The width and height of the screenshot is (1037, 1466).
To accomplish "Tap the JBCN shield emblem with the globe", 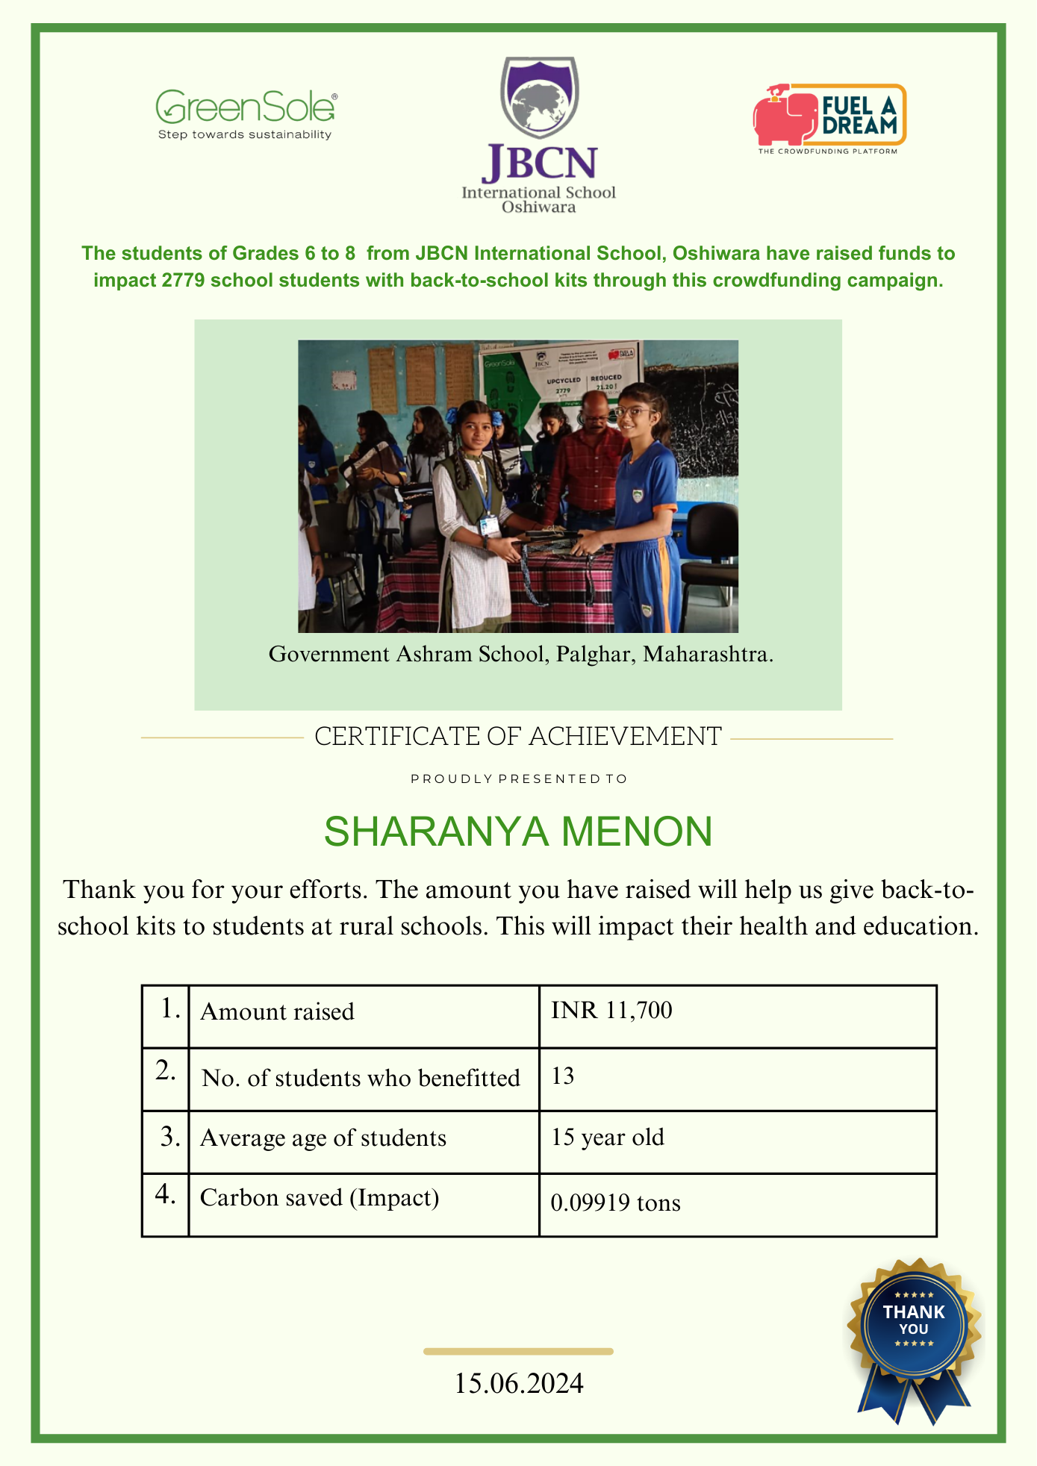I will pos(539,97).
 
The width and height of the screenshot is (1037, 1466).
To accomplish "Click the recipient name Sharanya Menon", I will pos(518,832).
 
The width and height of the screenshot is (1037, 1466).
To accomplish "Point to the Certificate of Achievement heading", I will pos(518,737).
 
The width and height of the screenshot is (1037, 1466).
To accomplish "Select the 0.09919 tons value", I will pos(615,1203).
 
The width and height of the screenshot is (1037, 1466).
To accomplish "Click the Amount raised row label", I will pos(277,1012).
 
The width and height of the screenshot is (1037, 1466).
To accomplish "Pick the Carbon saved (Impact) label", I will pos(320,1198).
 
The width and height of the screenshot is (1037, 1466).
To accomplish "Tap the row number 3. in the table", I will pos(170,1138).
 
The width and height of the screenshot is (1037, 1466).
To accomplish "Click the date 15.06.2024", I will pos(519,1383).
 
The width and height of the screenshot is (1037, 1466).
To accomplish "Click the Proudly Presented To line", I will pos(519,779).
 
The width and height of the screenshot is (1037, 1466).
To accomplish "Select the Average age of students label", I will pos(323,1138).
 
